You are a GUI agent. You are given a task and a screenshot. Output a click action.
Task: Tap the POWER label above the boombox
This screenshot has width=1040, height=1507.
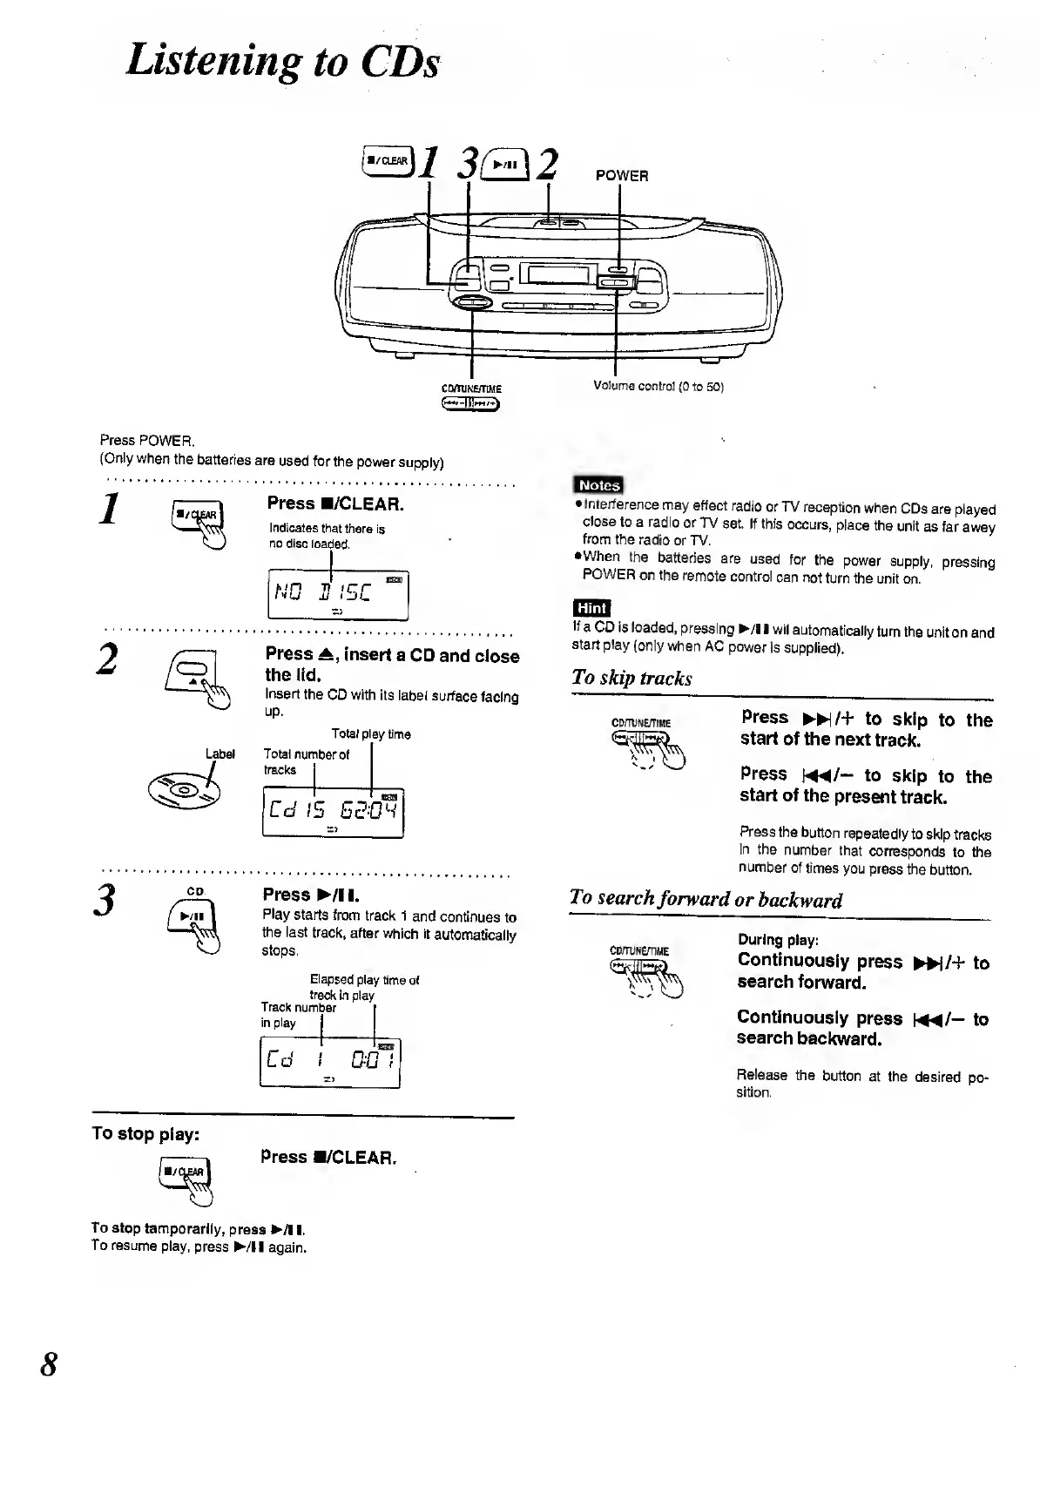[621, 176]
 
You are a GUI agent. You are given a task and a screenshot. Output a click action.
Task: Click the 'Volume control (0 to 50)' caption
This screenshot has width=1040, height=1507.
[658, 386]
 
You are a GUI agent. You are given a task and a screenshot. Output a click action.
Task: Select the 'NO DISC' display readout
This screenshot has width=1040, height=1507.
[336, 595]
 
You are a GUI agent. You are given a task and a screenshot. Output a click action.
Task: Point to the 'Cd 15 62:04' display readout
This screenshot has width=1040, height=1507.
[333, 813]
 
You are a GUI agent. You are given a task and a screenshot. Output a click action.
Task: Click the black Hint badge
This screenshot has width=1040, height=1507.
[591, 608]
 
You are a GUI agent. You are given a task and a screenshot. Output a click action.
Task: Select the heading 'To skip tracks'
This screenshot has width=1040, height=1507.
[631, 678]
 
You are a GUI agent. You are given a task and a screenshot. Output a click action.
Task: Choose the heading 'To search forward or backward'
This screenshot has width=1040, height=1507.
[706, 899]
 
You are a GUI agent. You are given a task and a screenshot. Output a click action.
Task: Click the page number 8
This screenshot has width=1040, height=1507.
[50, 1363]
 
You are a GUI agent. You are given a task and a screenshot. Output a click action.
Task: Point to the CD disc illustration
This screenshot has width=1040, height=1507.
[185, 791]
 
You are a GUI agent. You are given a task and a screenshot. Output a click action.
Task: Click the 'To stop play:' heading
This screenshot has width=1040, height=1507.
[145, 1133]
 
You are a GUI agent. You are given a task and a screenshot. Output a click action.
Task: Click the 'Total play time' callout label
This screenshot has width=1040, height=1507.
[371, 734]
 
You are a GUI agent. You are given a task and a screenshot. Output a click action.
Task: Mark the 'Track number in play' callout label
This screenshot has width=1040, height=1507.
[298, 1015]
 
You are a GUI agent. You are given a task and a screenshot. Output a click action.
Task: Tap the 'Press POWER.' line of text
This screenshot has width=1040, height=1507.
[147, 441]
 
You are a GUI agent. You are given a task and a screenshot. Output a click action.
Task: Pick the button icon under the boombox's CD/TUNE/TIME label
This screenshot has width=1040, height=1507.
[471, 402]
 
